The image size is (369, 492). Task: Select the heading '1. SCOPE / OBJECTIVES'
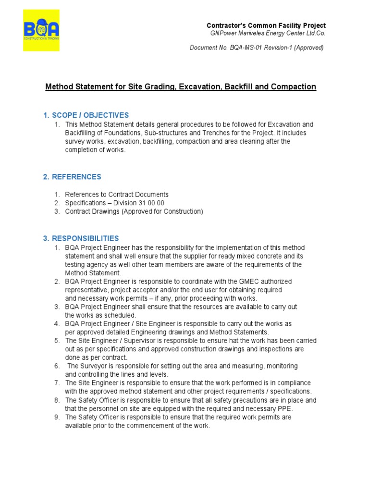point(86,115)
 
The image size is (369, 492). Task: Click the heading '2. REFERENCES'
point(72,177)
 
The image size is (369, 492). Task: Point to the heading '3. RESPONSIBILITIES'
point(81,238)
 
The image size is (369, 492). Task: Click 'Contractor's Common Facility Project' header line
point(266,25)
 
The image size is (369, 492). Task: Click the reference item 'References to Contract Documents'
point(117,195)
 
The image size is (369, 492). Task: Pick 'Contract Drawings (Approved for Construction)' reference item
point(134,212)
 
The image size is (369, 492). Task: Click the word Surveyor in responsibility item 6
point(92,366)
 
